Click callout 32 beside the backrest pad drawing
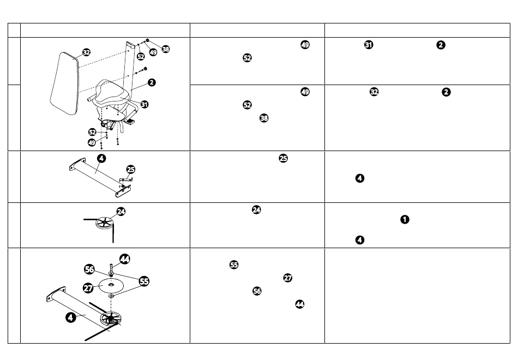(86, 52)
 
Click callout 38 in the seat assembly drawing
(166, 49)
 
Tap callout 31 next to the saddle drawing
(144, 105)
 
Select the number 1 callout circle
(405, 219)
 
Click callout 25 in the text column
(284, 158)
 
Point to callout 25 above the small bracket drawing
(131, 169)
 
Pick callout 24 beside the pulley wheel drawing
(121, 212)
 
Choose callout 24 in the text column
(256, 209)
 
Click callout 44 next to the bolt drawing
(124, 259)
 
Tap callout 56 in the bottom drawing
(89, 269)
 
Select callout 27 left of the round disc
(88, 288)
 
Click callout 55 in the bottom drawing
(144, 281)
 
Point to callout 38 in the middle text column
(264, 118)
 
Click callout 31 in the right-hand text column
(369, 45)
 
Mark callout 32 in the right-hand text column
(374, 92)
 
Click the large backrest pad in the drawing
(65, 83)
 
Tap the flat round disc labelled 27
(111, 284)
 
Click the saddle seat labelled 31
(111, 94)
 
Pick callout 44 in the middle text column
(300, 304)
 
